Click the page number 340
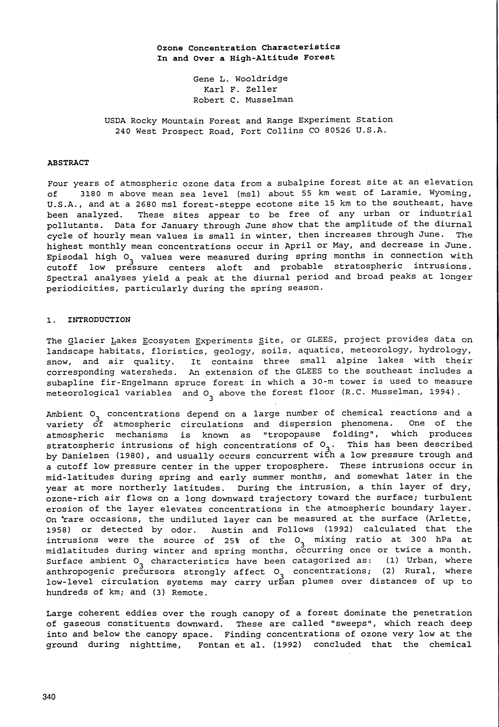(x=49, y=697)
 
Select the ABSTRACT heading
(x=68, y=163)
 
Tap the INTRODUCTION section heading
(x=99, y=320)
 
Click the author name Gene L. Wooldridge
(x=240, y=79)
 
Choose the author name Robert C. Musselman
(x=243, y=100)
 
